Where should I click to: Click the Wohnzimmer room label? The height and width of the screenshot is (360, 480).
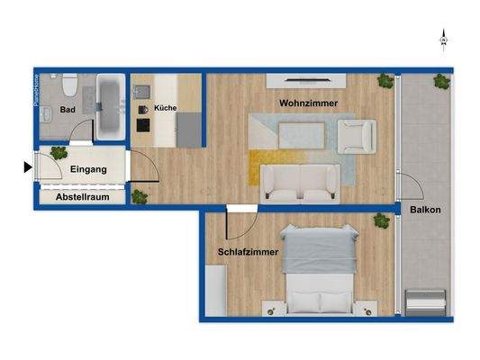(308, 103)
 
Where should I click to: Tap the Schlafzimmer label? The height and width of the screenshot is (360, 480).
(245, 253)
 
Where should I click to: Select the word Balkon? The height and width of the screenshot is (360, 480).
(424, 211)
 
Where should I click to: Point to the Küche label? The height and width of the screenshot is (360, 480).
(165, 108)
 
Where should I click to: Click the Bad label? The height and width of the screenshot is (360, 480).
(67, 111)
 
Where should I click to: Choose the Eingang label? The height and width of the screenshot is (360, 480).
(88, 169)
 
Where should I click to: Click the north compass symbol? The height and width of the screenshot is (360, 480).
(443, 39)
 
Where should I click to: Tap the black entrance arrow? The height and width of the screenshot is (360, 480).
(28, 166)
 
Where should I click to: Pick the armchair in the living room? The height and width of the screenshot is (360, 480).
(356, 136)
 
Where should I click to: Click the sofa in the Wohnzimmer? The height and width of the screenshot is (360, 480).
(300, 183)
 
